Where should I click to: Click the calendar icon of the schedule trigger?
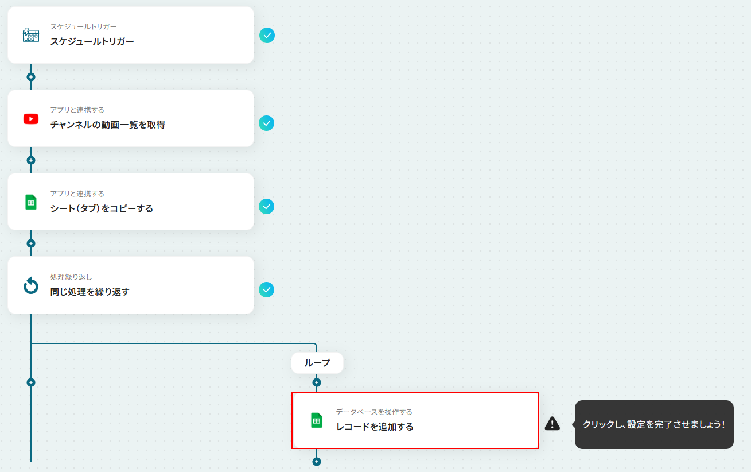[31, 35]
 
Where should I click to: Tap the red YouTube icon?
[31, 119]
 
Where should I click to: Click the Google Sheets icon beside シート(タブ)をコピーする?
[31, 202]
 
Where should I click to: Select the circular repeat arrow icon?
[31, 285]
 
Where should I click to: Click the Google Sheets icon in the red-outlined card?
[317, 420]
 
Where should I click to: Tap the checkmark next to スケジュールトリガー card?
[267, 35]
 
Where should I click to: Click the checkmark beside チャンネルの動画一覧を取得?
[267, 123]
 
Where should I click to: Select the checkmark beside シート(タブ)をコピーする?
[267, 206]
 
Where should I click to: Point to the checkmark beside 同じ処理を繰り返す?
[267, 290]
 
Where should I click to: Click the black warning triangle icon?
[552, 423]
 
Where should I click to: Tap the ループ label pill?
[317, 363]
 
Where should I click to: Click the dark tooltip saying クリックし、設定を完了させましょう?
[654, 424]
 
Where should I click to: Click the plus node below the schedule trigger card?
[31, 77]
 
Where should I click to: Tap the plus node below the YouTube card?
[31, 160]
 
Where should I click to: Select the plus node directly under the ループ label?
[317, 382]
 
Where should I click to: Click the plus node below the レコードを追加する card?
[317, 462]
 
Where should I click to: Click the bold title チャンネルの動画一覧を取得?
[108, 125]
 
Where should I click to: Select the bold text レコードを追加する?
[375, 427]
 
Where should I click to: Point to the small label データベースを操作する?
[374, 412]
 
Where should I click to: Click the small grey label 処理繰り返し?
[71, 277]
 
